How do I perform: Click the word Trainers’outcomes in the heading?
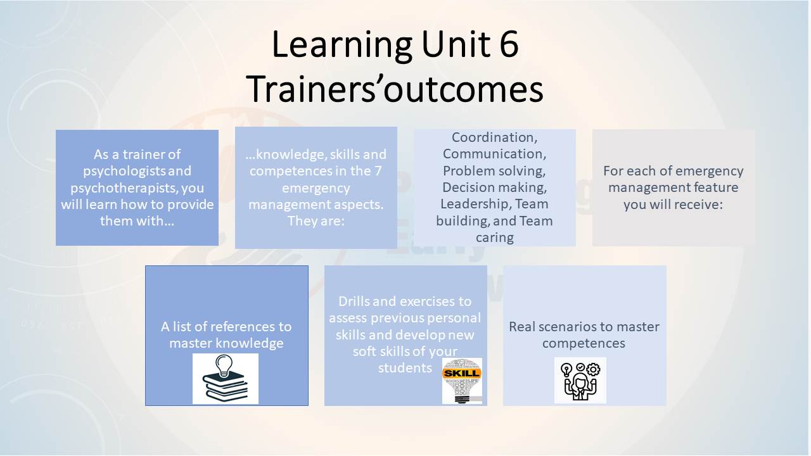(395, 89)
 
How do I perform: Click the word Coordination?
(495, 137)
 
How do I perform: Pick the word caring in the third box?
(495, 238)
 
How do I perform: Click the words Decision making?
(495, 188)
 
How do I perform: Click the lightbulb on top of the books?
(224, 366)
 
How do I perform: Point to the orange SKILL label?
(462, 373)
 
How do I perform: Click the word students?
(405, 368)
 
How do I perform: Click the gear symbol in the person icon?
(593, 370)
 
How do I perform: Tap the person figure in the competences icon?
(580, 387)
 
